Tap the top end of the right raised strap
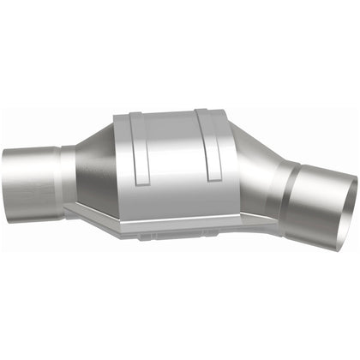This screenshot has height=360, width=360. pyautogui.click(x=201, y=113)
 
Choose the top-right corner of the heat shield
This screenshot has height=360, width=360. pyautogui.click(x=225, y=111)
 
